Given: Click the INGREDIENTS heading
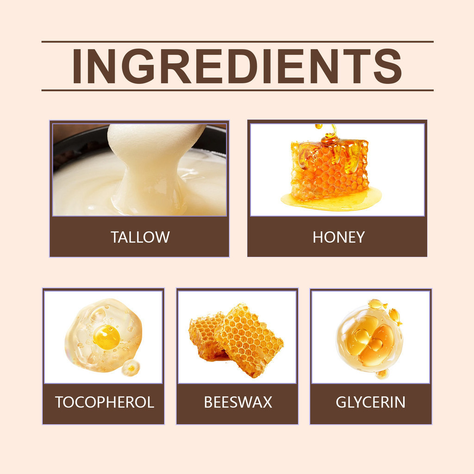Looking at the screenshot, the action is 237,66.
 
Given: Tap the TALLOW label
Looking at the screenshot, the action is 140,237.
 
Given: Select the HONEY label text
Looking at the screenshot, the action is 338,237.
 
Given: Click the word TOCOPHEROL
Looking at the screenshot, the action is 104,402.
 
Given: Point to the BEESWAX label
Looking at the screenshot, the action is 238,402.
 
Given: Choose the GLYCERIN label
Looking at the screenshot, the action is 370,402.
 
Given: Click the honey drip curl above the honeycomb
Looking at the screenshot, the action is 328,133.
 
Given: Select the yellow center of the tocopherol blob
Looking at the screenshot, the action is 106,337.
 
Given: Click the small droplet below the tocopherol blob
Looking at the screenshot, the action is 131,368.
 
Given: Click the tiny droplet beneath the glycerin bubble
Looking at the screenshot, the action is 382,374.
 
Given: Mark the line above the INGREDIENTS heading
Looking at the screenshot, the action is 237,42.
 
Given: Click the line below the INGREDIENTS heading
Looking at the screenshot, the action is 237,90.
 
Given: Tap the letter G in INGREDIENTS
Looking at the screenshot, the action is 140,66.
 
